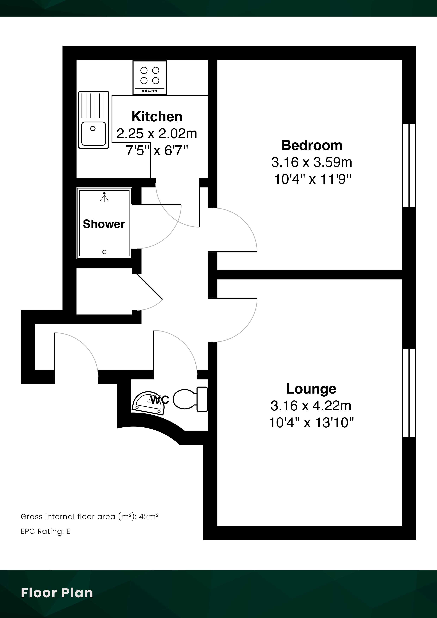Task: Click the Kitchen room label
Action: tap(157, 117)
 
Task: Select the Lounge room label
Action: tap(311, 389)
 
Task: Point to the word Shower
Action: tap(104, 224)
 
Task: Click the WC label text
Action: tap(160, 400)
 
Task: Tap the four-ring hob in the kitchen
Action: tap(150, 78)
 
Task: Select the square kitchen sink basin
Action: tap(93, 133)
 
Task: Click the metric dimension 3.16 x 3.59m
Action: tap(312, 162)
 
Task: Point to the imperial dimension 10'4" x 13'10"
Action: tap(311, 423)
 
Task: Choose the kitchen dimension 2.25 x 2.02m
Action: tap(157, 134)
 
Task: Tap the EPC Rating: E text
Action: tap(45, 531)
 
